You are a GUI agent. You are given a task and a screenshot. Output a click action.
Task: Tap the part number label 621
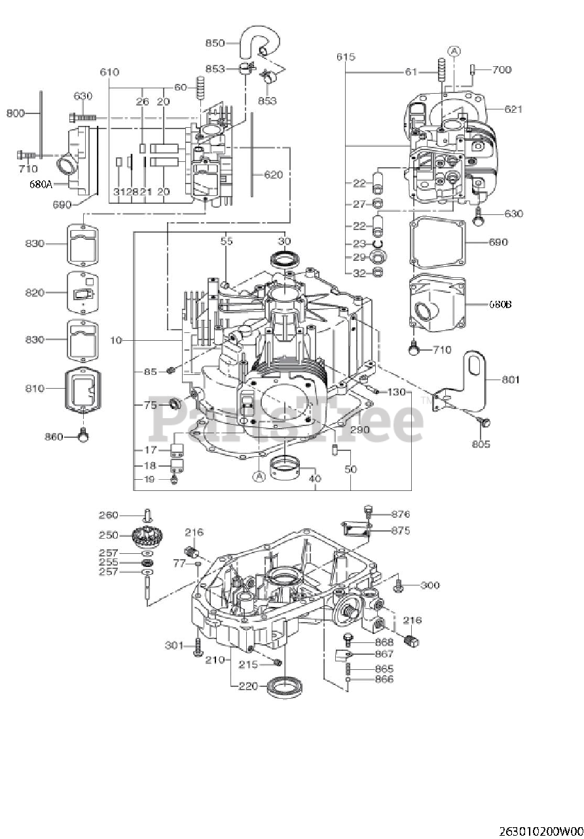(x=513, y=109)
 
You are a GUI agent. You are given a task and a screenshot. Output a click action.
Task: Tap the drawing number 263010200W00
(x=540, y=831)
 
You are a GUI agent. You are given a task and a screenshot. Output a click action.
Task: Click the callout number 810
(x=35, y=388)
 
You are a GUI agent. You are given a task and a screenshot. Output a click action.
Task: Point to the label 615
(x=346, y=57)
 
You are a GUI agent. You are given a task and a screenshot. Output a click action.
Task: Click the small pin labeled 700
(x=473, y=69)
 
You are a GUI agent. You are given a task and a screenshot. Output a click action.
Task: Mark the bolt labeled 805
(x=485, y=423)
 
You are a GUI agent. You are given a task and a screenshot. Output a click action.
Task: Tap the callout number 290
(x=359, y=430)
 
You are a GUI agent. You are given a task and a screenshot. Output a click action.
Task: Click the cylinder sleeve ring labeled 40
(x=285, y=468)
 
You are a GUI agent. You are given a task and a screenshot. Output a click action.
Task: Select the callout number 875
(x=401, y=530)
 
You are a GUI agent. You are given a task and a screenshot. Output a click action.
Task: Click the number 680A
(x=41, y=184)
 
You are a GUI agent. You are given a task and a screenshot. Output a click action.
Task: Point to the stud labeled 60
(x=201, y=87)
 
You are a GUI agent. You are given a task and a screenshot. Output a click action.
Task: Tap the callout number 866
(x=384, y=680)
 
